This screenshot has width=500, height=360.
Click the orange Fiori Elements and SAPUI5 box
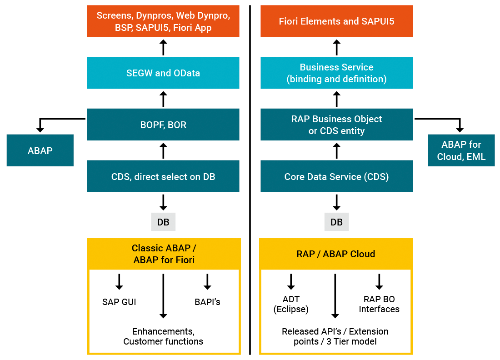click(x=336, y=21)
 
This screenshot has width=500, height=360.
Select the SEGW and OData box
click(x=163, y=73)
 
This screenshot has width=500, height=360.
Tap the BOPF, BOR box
click(x=163, y=125)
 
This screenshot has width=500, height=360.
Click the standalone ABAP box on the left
click(x=40, y=150)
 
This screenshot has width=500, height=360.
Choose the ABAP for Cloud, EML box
click(x=461, y=150)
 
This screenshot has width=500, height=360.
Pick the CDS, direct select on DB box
click(x=163, y=176)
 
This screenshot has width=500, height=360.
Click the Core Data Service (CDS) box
click(x=336, y=176)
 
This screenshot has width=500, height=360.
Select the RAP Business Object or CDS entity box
click(x=336, y=125)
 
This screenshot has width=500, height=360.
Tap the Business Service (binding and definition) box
click(x=336, y=73)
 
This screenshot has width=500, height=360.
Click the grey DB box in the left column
click(x=163, y=222)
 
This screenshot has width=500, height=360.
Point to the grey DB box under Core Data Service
click(x=336, y=222)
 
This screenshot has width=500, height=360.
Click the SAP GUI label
click(x=119, y=302)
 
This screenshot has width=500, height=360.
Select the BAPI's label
click(x=207, y=302)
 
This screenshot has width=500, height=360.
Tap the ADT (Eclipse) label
click(x=291, y=304)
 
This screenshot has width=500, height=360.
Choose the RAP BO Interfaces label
click(x=379, y=304)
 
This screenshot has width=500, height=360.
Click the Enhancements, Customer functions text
click(x=163, y=336)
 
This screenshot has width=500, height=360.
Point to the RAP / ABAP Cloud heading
click(x=336, y=254)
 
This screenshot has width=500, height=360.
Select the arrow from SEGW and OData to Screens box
click(x=163, y=47)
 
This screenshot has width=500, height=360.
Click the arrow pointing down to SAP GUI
click(x=119, y=282)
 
